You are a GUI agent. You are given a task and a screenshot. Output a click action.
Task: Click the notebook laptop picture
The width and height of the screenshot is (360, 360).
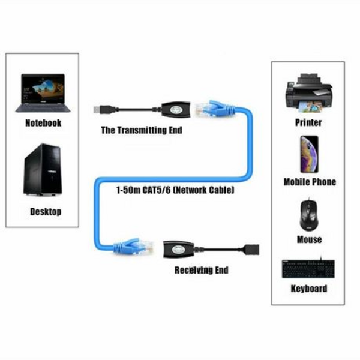click(x=41, y=92)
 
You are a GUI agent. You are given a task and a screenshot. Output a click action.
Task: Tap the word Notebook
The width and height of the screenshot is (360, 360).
click(x=43, y=123)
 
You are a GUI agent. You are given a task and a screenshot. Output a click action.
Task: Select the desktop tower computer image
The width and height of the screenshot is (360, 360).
click(x=43, y=169)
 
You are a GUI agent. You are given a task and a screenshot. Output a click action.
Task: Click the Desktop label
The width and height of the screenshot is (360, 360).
click(x=45, y=211)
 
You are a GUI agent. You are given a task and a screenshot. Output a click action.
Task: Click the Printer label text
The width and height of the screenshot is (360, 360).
click(x=308, y=122)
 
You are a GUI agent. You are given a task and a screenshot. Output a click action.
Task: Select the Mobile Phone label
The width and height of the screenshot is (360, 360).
click(x=310, y=182)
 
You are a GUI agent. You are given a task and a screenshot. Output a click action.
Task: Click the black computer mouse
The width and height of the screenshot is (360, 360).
click(x=309, y=214)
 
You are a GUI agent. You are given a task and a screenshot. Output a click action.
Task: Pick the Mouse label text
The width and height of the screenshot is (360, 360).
click(x=309, y=239)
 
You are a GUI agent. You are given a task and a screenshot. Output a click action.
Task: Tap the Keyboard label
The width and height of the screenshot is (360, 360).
click(x=309, y=289)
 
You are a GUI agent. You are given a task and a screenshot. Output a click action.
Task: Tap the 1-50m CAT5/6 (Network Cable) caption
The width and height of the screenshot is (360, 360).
click(x=175, y=190)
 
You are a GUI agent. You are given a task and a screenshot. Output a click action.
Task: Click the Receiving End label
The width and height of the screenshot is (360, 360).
click(x=201, y=270)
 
